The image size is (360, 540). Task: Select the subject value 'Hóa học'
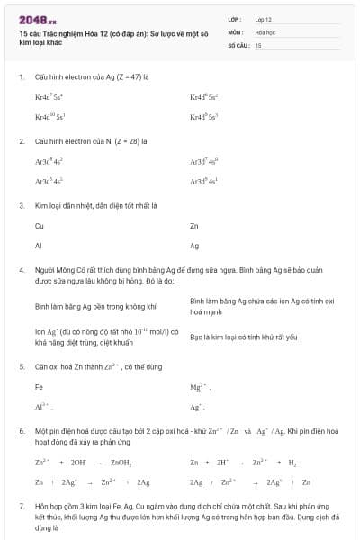coord(265,31)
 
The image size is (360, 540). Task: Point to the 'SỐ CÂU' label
coord(238,44)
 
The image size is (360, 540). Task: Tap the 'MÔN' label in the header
coord(235,31)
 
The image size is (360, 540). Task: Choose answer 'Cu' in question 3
coord(40,226)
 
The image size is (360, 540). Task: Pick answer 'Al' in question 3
coord(39,245)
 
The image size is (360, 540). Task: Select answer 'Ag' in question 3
coord(194,245)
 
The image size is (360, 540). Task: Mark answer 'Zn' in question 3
coord(194,226)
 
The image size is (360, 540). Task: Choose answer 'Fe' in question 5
coord(39,387)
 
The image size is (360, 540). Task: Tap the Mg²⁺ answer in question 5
coord(199,387)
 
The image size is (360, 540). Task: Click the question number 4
coord(21,270)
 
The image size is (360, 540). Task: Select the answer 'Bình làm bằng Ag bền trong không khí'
coord(89,306)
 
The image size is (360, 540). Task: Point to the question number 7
coord(21,508)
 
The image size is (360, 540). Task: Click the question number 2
coord(21,141)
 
